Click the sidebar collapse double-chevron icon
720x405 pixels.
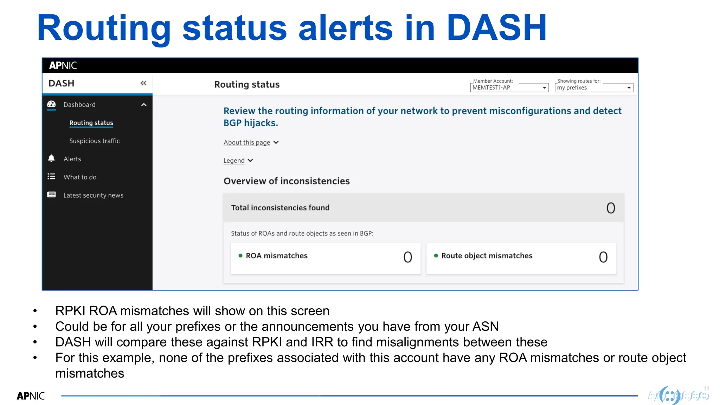(143, 83)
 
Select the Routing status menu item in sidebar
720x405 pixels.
(91, 123)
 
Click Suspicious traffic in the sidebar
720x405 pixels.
(95, 141)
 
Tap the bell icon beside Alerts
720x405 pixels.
(51, 159)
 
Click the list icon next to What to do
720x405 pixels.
(51, 176)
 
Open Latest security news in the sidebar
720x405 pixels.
(93, 195)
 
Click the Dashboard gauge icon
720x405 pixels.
(51, 104)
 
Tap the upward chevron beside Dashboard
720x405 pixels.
(144, 105)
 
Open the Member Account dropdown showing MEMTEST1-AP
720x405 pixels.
(509, 88)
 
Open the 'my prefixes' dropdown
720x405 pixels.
(594, 88)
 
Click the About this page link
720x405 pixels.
(247, 142)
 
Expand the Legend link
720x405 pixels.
(234, 161)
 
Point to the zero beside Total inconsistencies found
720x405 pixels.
(611, 208)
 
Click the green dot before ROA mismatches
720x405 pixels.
(240, 256)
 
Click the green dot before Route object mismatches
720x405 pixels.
(436, 256)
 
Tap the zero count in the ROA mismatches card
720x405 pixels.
(407, 257)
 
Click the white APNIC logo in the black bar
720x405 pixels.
(63, 65)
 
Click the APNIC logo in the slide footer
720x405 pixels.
(31, 396)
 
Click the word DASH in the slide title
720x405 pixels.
(496, 28)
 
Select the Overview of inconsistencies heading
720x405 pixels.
(287, 181)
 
